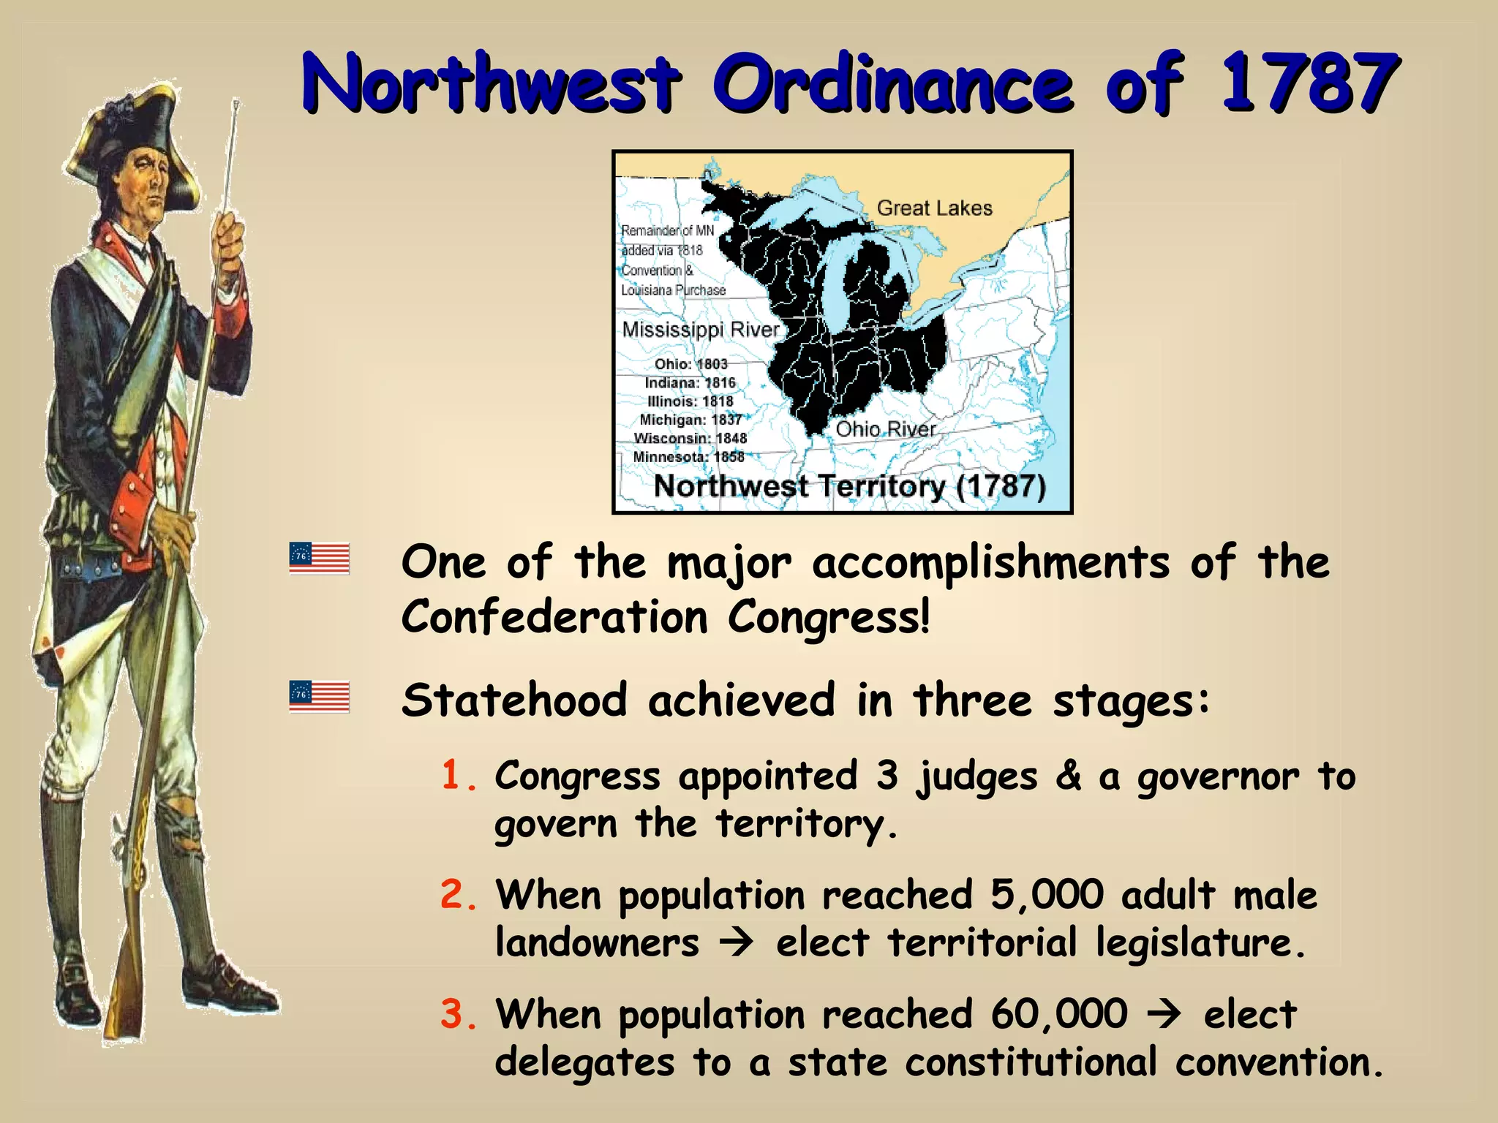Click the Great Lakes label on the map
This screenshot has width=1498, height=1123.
coord(934,208)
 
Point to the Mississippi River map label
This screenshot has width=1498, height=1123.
coord(700,330)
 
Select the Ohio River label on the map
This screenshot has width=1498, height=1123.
coord(885,429)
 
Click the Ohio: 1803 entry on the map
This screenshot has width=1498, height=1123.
coord(690,364)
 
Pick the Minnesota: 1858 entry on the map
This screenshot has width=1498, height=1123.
coord(688,457)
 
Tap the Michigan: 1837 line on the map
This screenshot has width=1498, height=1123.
coord(690,420)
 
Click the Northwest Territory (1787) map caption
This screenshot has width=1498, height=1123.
coord(849,486)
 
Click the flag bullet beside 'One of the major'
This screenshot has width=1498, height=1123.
coord(320,558)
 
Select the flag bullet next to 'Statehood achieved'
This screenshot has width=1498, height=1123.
coord(320,696)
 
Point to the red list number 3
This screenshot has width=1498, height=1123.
coord(458,1015)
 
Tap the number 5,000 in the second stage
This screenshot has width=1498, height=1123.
coord(1047,895)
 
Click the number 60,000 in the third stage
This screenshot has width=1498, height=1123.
coord(1058,1015)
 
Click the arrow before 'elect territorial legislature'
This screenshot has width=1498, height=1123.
coord(736,943)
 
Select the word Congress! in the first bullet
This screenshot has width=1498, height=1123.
coord(828,617)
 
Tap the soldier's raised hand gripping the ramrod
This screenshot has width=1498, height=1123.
coord(228,238)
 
